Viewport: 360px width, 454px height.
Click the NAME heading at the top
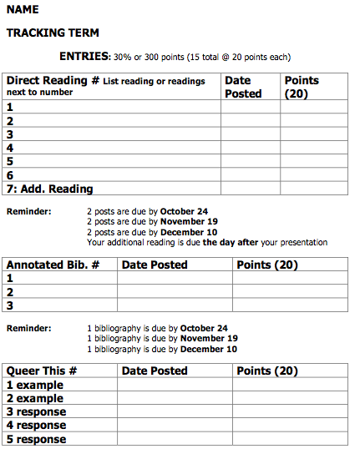23,10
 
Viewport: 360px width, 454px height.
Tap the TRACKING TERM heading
53,33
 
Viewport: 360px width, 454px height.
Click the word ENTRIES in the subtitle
84,57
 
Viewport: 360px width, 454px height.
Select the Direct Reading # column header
53,81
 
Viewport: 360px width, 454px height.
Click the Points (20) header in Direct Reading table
302,87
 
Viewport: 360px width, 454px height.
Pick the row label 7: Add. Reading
50,189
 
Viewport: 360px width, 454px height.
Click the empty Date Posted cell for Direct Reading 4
250,148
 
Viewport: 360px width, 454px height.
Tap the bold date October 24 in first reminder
184,211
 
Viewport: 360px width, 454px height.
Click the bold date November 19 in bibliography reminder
209,339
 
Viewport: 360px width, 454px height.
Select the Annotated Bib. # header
53,265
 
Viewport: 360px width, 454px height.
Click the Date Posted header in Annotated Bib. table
155,265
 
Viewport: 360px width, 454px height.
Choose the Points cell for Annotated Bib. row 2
290,292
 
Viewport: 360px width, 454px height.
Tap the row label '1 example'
35,386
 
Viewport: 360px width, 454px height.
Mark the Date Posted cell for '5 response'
175,439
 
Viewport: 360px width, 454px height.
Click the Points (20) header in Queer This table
267,371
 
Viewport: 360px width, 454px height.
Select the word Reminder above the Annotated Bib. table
28,211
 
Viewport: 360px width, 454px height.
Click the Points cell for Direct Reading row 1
313,107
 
